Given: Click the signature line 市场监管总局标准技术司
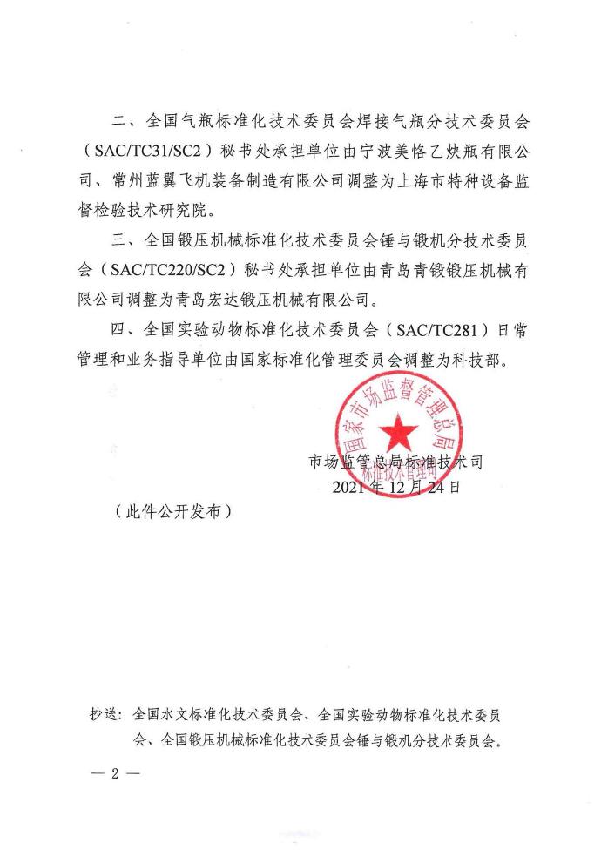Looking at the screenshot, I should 395,462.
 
